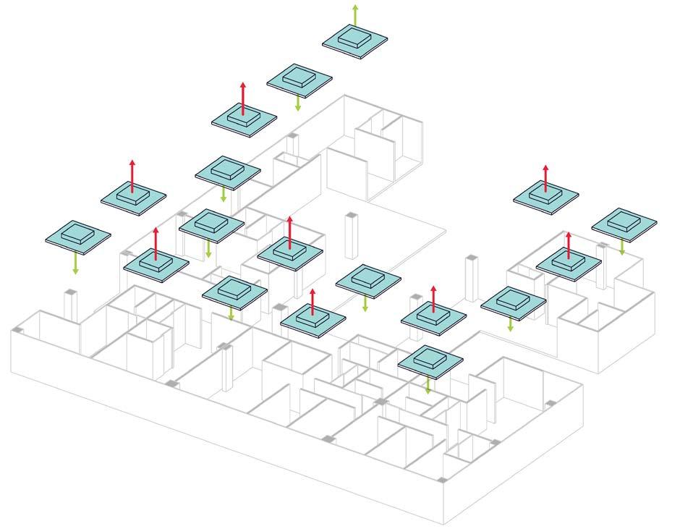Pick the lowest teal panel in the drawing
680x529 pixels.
click(x=430, y=360)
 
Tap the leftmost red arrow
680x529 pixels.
click(x=132, y=174)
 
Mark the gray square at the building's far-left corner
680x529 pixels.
click(x=19, y=330)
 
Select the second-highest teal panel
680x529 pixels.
click(x=299, y=80)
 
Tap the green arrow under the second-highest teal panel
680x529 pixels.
click(x=297, y=103)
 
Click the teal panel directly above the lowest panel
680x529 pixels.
click(x=433, y=315)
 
